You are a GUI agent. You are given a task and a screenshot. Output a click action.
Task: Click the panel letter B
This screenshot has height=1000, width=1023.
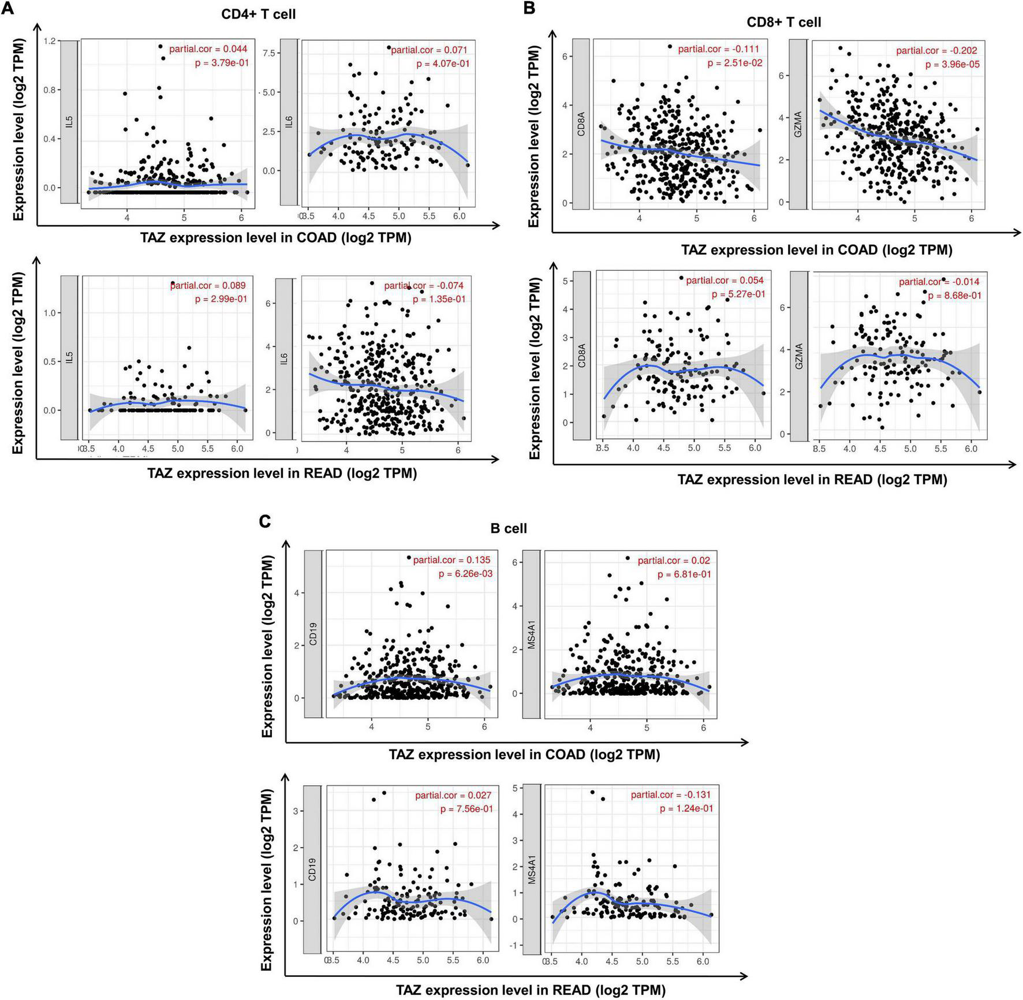pos(529,8)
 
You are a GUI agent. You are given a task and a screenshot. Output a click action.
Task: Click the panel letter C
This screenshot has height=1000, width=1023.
pos(265,521)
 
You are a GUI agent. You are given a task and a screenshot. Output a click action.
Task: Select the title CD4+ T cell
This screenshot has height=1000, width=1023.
pos(258,14)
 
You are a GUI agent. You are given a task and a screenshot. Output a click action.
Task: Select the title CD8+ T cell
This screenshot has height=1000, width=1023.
pos(783,23)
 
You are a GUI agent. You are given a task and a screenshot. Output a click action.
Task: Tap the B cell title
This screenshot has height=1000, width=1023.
pos(508,528)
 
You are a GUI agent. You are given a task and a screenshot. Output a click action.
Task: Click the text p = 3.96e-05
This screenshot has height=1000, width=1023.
pos(952,65)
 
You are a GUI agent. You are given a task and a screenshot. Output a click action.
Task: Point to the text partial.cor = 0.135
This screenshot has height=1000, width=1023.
pos(451,559)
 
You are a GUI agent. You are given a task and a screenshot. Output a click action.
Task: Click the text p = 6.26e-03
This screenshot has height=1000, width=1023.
pos(465,574)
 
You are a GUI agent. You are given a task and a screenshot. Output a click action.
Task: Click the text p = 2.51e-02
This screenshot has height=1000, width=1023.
pos(734,63)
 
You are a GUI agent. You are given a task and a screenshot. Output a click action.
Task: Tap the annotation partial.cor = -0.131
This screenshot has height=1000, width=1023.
pos(671,795)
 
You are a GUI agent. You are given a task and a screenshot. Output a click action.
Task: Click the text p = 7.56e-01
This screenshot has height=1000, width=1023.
pos(466,809)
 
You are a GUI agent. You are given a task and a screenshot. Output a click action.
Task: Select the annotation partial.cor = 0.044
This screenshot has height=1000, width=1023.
pos(208,49)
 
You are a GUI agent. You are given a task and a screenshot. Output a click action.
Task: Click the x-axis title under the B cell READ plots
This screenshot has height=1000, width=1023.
pos(530,990)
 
